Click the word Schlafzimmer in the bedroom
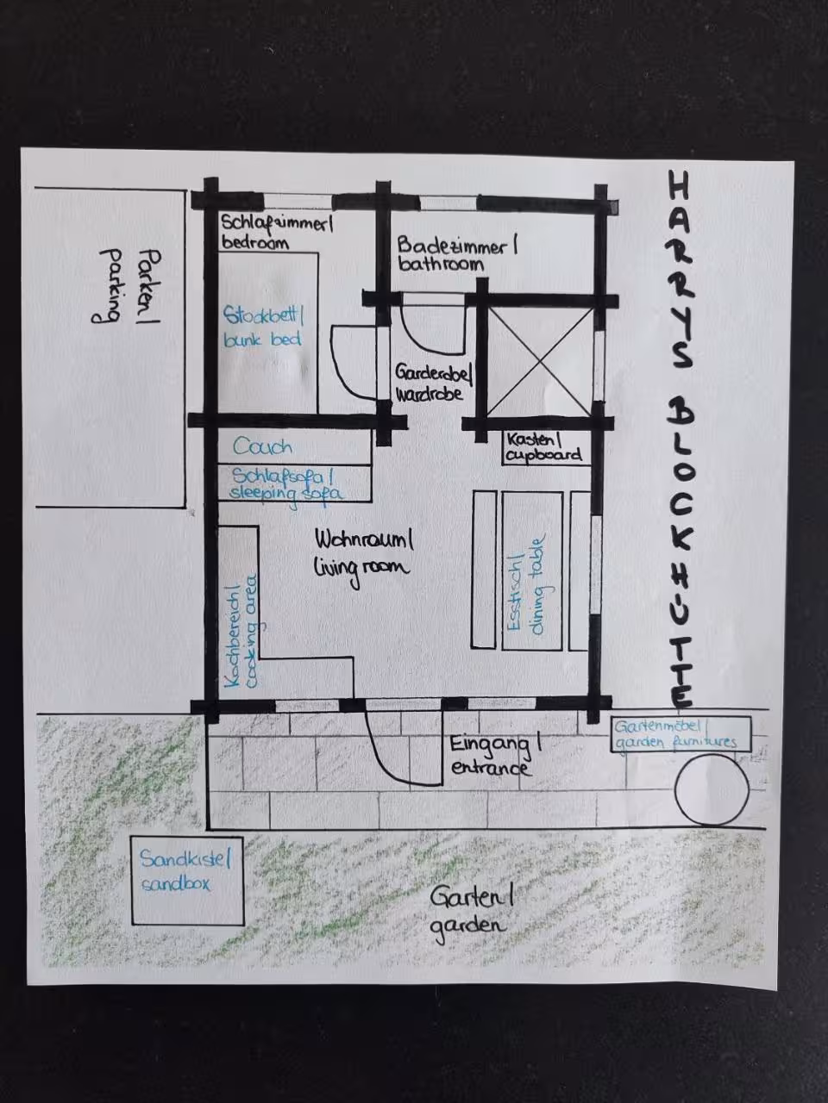(x=277, y=223)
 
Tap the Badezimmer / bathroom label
(x=457, y=254)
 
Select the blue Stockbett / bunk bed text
(x=263, y=327)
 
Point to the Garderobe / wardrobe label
(x=433, y=383)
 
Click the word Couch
(x=262, y=446)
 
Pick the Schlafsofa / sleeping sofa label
(x=286, y=484)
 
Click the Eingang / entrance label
(x=495, y=757)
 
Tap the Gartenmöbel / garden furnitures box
(x=681, y=734)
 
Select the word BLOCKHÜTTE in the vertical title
(x=682, y=553)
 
